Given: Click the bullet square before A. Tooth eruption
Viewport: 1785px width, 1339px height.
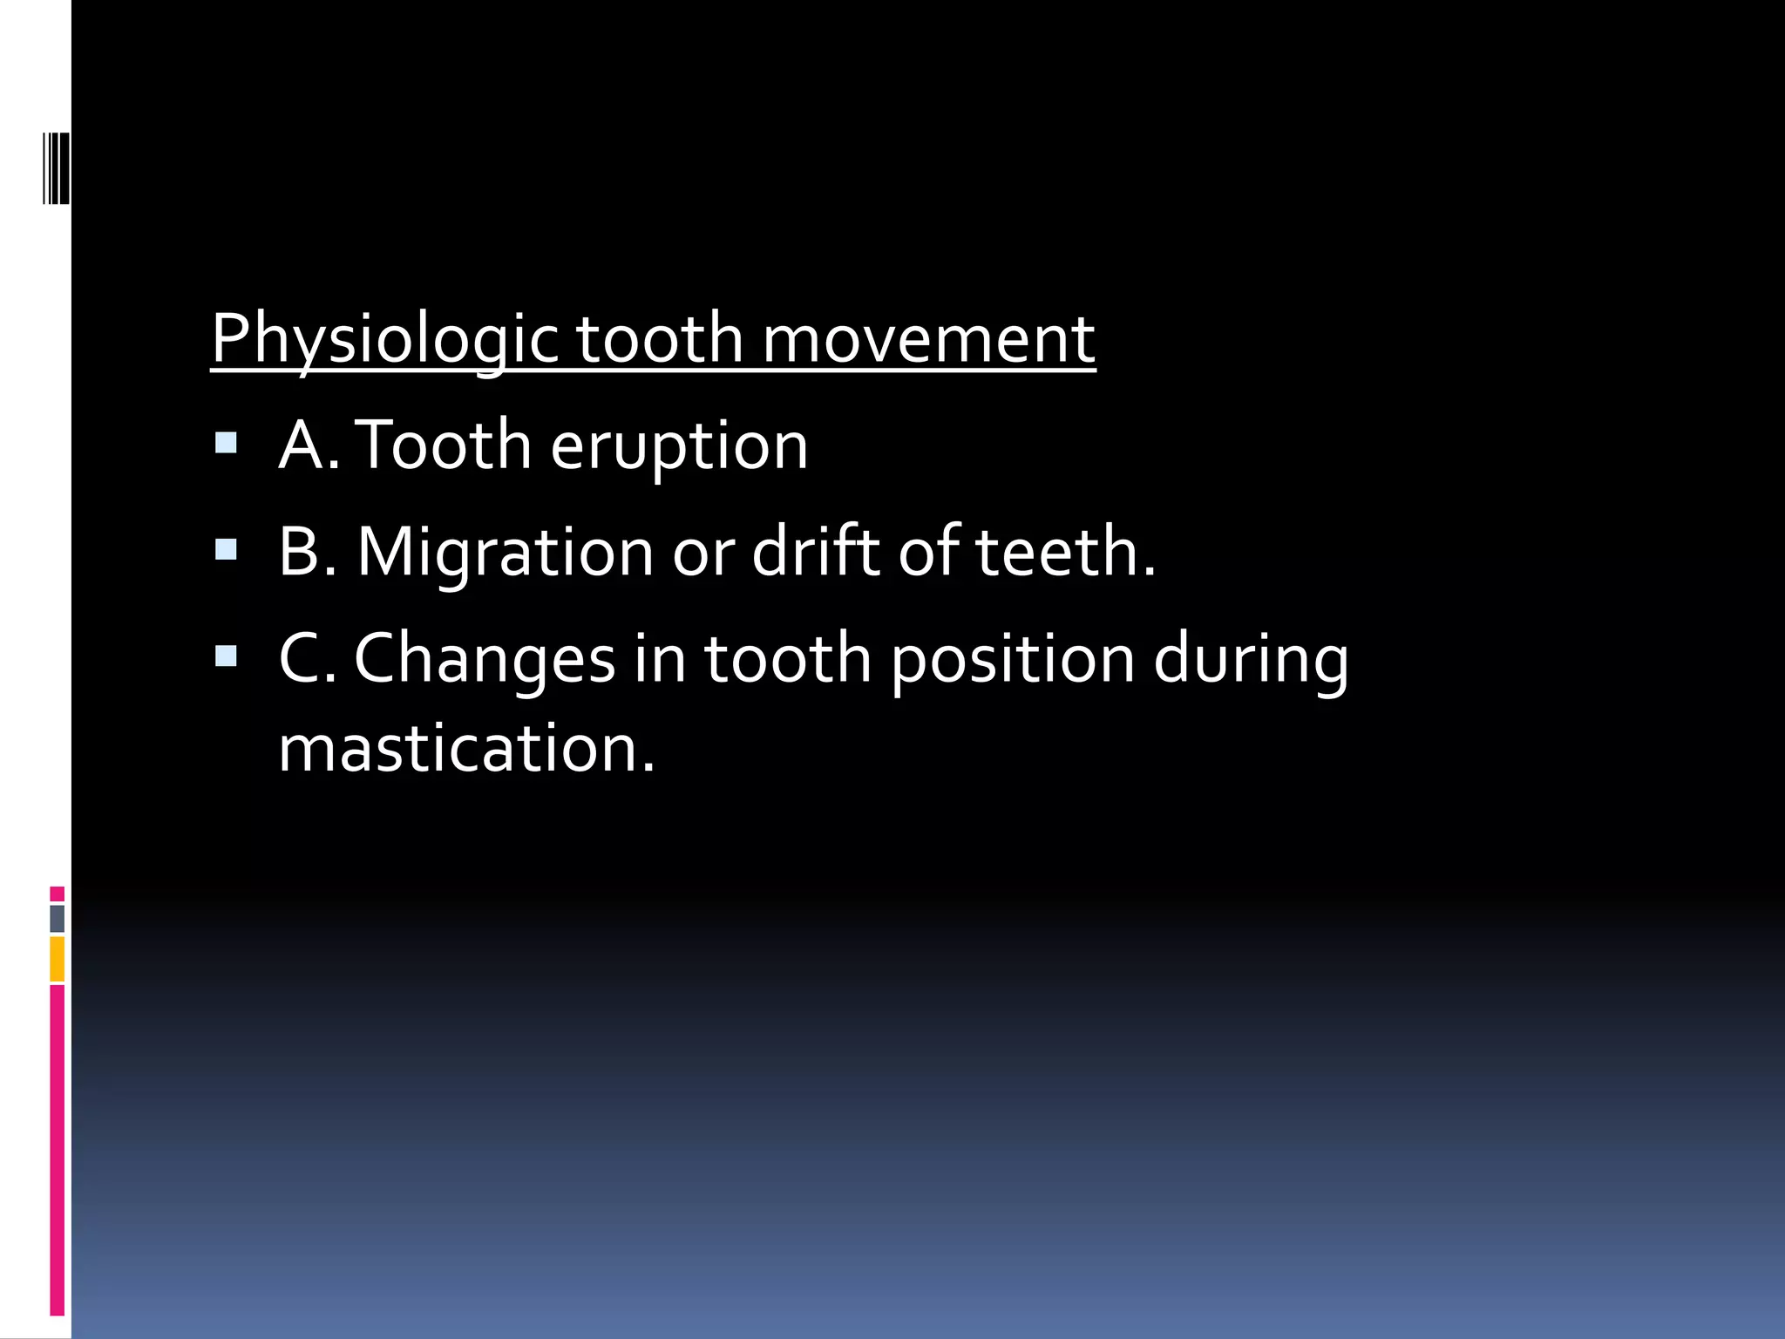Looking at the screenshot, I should click(x=226, y=443).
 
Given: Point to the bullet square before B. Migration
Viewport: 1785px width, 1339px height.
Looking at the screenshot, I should click(x=226, y=549).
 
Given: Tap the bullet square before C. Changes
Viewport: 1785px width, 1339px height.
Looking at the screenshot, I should click(x=226, y=656).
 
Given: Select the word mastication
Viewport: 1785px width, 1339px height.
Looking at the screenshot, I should click(x=466, y=749).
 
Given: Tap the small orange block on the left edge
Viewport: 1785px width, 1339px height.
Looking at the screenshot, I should click(x=57, y=959).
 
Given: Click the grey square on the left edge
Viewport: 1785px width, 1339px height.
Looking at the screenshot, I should click(x=57, y=919).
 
